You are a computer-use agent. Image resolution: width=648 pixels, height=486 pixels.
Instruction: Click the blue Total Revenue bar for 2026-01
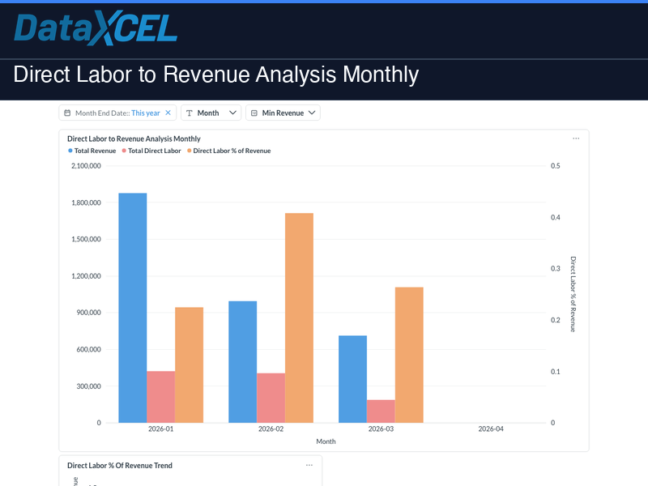coord(133,308)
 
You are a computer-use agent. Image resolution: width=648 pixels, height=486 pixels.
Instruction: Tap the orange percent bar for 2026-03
coord(409,355)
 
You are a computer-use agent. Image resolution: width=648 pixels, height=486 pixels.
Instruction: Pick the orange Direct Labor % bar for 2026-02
coord(299,318)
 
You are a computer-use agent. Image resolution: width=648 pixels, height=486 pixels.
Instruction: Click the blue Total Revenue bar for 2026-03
coord(352,379)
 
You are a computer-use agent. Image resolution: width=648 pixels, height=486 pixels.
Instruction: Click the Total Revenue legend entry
coord(92,151)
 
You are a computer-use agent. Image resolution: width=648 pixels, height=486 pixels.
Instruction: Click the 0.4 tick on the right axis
coord(555,217)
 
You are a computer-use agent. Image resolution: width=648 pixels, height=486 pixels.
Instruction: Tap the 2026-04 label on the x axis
coord(491,429)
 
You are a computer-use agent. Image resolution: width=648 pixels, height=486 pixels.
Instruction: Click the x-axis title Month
coord(326,441)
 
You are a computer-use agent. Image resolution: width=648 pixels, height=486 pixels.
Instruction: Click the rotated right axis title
coord(573,294)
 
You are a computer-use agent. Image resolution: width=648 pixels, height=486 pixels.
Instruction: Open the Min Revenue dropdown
coord(283,113)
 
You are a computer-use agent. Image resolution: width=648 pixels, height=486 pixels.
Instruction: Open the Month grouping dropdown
coord(211,113)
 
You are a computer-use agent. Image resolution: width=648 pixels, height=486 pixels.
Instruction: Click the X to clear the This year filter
coord(168,113)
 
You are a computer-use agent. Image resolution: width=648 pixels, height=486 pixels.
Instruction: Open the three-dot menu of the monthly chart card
coord(576,139)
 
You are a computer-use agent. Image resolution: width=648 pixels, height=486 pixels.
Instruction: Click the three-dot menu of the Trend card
coord(309,465)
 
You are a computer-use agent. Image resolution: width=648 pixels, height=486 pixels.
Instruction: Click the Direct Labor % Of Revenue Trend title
coord(120,466)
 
